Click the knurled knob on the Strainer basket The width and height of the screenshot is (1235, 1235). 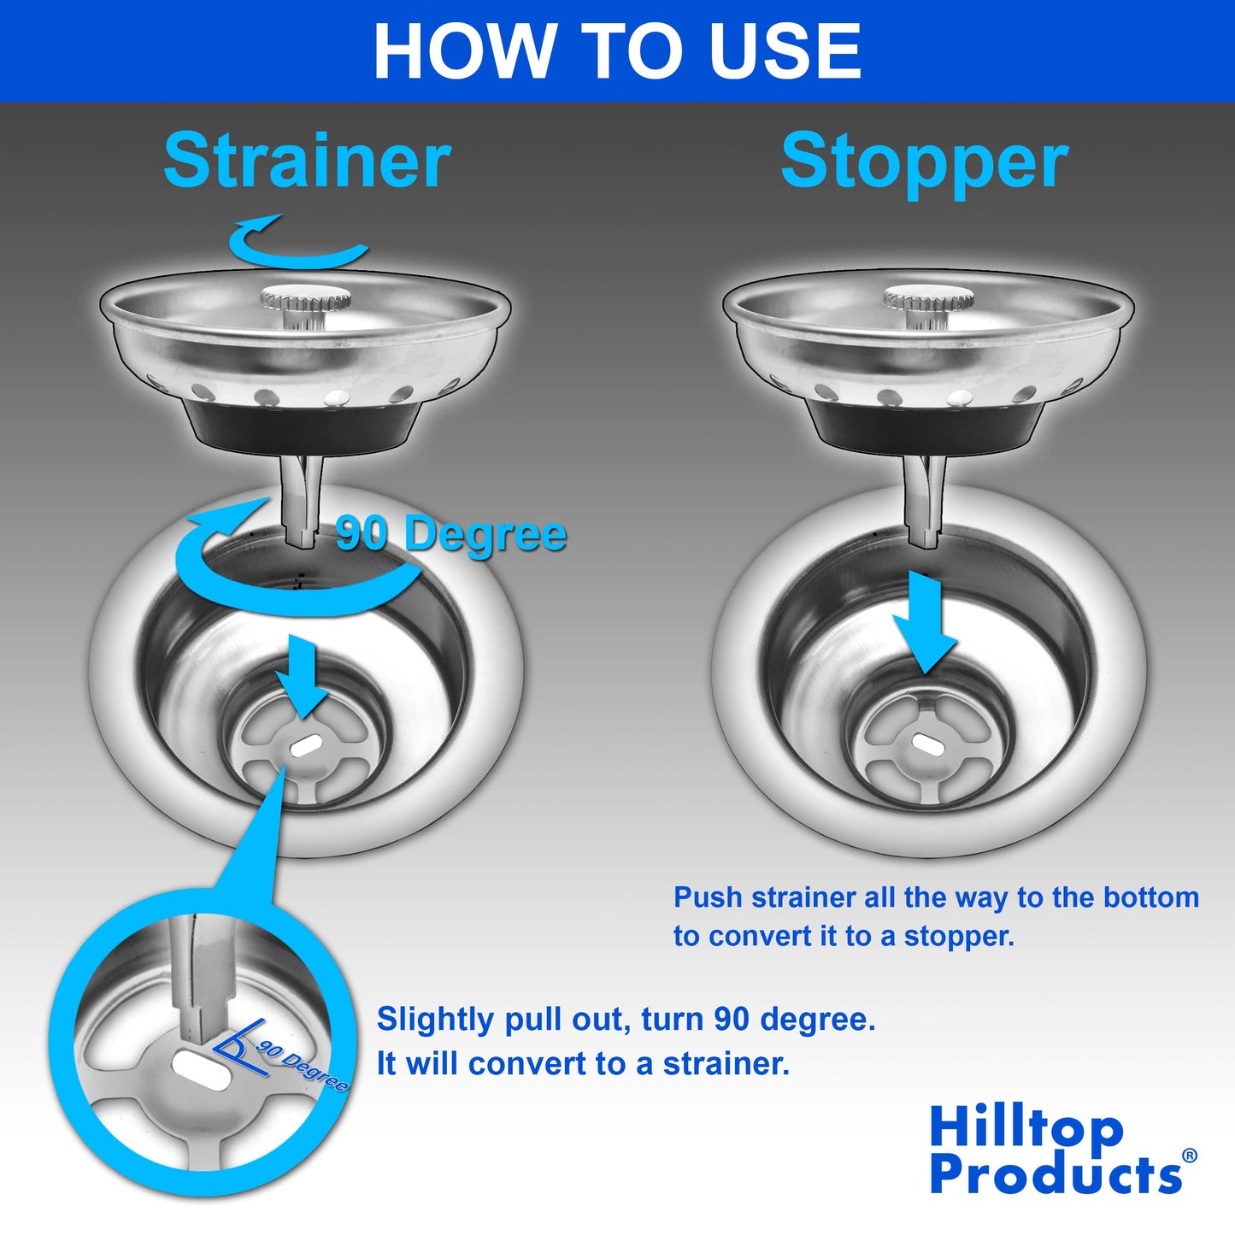305,299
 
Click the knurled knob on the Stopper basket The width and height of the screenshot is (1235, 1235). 927,299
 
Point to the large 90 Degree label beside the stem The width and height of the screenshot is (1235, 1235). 451,534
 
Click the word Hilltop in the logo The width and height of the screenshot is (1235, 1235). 1026,1127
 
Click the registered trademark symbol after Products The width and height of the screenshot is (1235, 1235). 1189,1156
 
